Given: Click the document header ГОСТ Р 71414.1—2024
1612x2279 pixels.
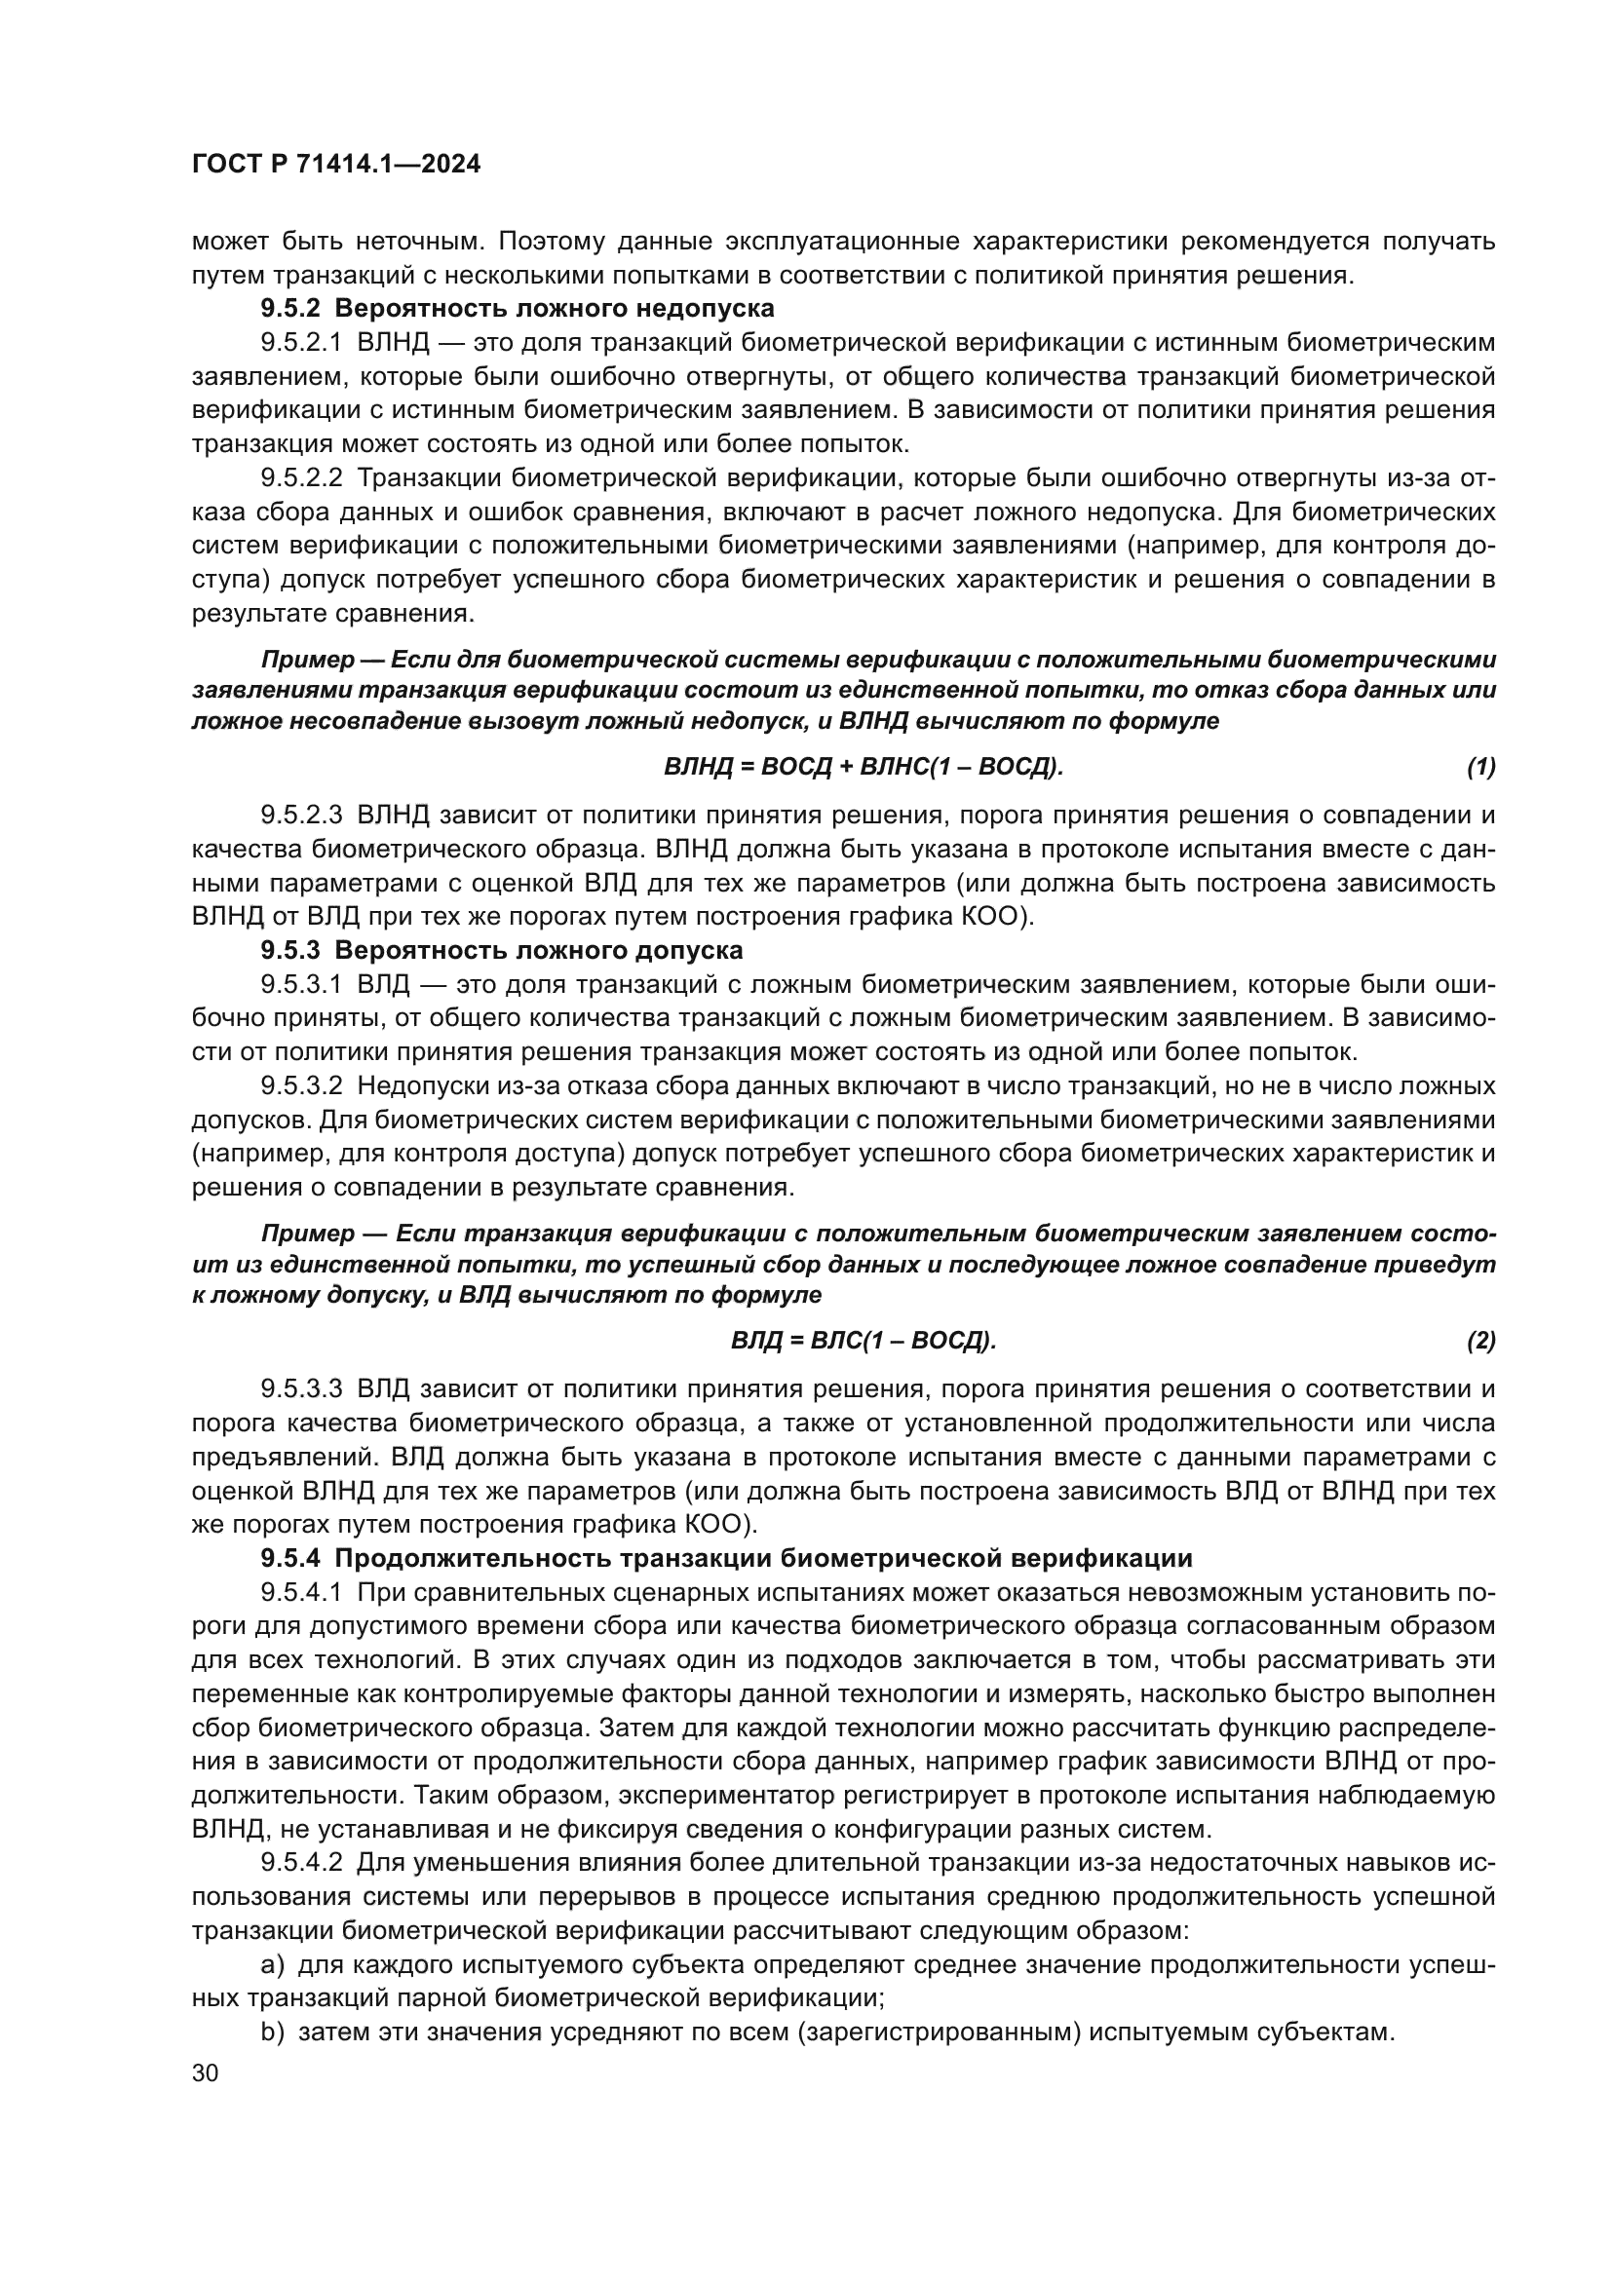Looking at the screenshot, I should tap(335, 165).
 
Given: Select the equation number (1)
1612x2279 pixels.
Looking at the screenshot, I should tap(1480, 766).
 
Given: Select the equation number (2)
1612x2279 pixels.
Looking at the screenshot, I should tap(1480, 1341).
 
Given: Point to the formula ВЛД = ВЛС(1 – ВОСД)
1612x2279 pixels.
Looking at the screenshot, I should tap(863, 1341).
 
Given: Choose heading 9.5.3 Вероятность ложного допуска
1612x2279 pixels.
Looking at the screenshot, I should tap(501, 950).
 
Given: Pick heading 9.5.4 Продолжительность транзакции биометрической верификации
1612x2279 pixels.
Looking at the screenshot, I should tap(726, 1557).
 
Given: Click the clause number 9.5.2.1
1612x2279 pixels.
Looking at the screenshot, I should tap(301, 342).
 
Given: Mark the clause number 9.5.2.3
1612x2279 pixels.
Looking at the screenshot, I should tap(301, 815).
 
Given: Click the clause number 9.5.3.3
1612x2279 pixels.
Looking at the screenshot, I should tap(301, 1388).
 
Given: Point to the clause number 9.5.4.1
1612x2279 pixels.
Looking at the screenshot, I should tap(301, 1592).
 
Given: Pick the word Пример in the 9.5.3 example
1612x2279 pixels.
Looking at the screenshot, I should tap(308, 1234).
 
